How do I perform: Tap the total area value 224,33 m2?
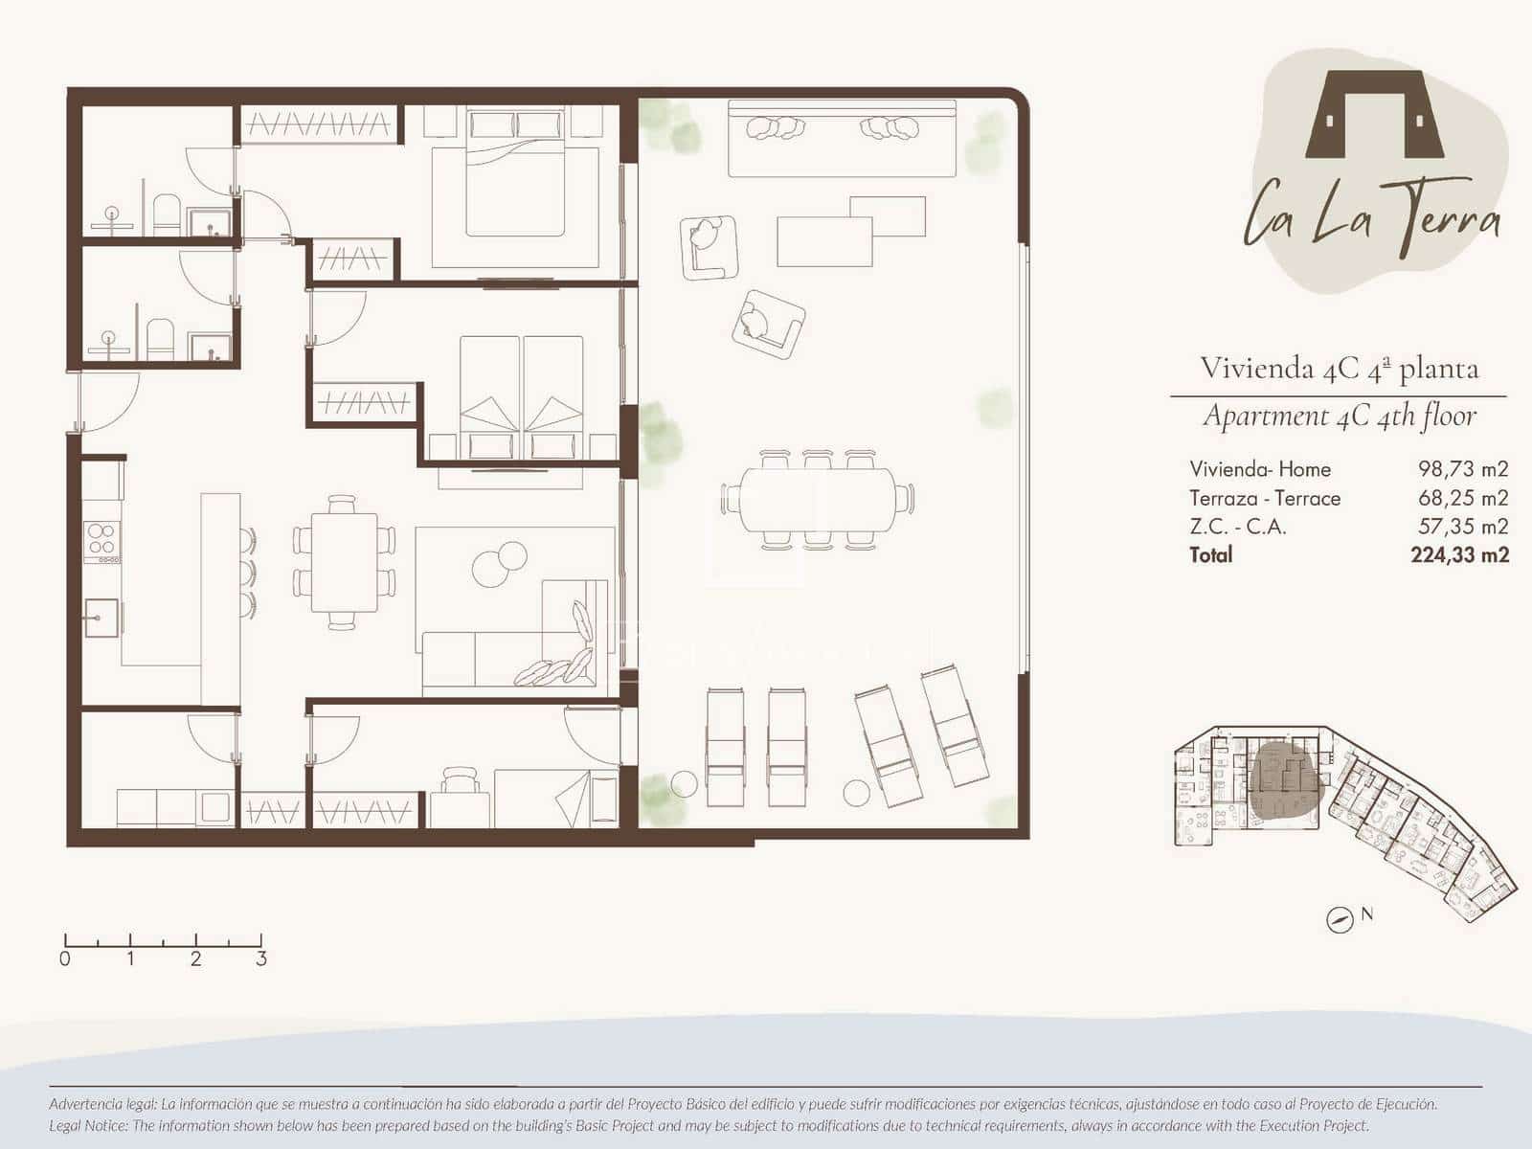[1459, 555]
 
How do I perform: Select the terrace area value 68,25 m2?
[1463, 498]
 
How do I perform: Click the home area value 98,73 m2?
[1463, 469]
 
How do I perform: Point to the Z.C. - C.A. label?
[1237, 527]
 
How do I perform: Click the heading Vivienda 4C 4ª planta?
[1339, 369]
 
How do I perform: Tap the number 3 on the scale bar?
[261, 958]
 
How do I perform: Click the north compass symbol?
[1340, 920]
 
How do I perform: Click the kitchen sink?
[101, 619]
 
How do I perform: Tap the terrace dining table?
[818, 500]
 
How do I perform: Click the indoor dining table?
[344, 562]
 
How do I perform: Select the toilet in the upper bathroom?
[166, 214]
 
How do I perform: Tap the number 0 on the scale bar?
[65, 958]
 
